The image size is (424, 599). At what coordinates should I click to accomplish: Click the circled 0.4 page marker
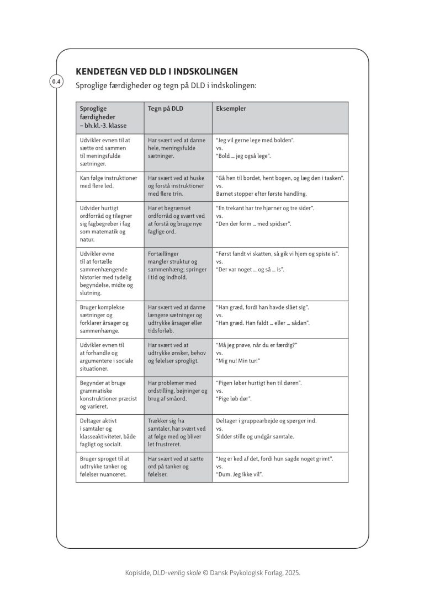(56, 82)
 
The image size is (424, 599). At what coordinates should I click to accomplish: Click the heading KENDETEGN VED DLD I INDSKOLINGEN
(156, 72)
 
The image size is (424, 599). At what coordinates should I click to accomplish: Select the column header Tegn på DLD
(166, 109)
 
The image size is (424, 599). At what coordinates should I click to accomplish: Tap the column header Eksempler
(231, 109)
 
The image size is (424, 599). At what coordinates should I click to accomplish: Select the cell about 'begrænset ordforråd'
(177, 220)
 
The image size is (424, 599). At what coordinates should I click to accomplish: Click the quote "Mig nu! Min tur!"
(238, 361)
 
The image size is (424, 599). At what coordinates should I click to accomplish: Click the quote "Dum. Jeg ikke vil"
(239, 474)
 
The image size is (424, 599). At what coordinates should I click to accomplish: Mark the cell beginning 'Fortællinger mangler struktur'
(177, 265)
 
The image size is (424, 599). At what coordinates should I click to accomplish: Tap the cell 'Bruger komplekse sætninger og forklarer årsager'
(104, 319)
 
